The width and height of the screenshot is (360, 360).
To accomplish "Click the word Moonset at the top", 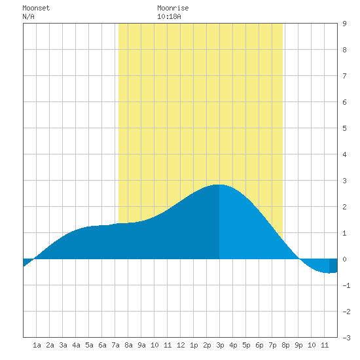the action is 36,8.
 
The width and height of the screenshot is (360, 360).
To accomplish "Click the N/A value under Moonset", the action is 28,16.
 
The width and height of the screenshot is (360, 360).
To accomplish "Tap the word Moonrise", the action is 173,8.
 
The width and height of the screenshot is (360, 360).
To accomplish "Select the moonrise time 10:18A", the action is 169,16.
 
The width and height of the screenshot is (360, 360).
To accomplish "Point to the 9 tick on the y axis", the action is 344,24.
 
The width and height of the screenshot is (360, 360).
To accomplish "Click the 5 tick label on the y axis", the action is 344,128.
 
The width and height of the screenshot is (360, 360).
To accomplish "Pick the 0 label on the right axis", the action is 344,259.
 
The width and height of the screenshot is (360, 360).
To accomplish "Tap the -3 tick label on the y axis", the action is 346,338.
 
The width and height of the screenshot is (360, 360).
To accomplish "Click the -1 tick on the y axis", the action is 346,285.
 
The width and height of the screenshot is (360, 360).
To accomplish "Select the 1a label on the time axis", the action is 37,345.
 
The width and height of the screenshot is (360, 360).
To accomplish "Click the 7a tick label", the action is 115,345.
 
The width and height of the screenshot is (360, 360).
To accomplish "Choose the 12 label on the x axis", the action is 181,345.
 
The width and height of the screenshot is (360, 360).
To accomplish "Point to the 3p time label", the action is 220,345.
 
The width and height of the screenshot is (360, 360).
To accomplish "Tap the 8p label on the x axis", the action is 285,345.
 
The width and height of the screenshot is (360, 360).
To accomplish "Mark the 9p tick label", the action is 298,345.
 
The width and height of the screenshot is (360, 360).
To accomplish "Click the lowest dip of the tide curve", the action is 329,273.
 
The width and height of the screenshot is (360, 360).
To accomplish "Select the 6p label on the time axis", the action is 259,345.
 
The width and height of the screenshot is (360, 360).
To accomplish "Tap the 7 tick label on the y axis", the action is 344,76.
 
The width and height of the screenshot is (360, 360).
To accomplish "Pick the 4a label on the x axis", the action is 76,345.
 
